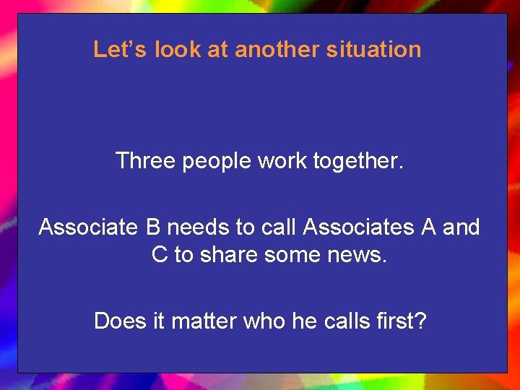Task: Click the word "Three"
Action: pyautogui.click(x=145, y=160)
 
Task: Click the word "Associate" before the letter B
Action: pyautogui.click(x=87, y=227)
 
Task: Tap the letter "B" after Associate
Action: pyautogui.click(x=153, y=227)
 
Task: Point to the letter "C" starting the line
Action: pyautogui.click(x=160, y=254)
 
